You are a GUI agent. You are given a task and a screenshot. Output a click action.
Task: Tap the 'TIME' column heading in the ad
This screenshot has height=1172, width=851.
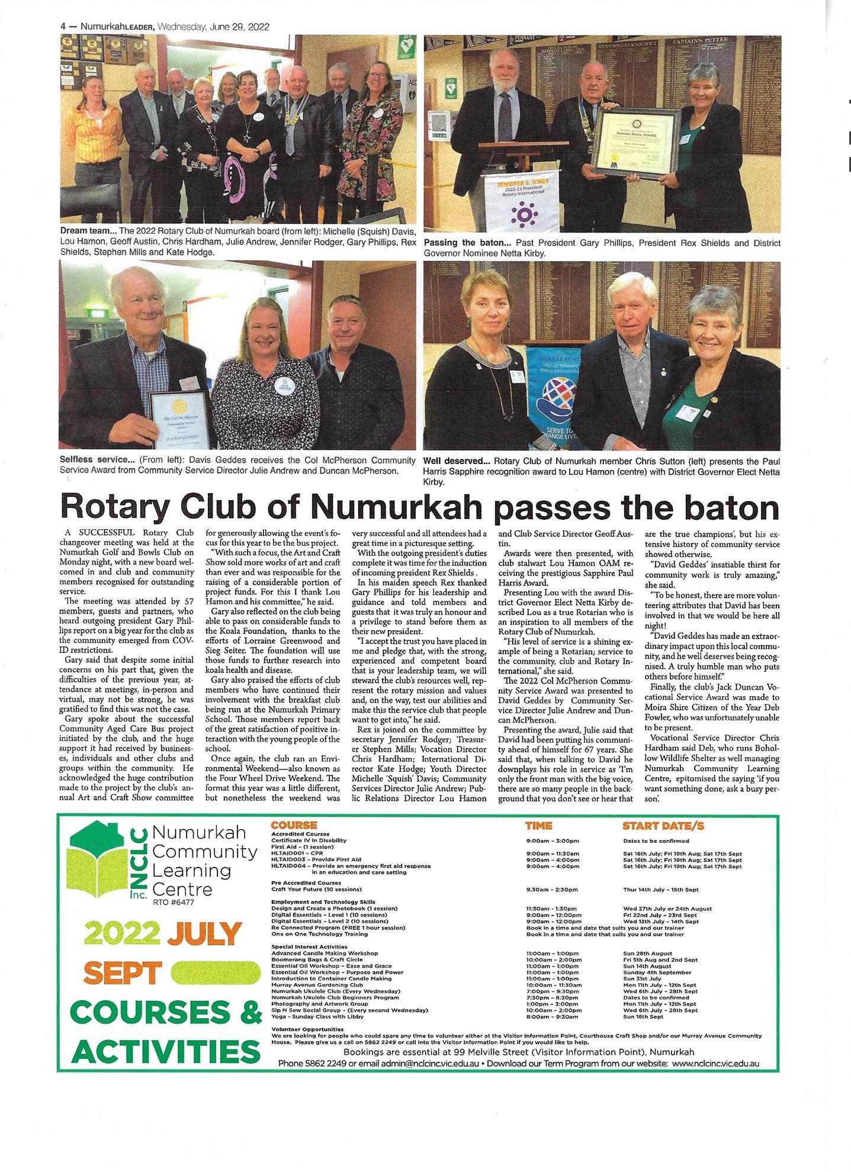click(x=538, y=826)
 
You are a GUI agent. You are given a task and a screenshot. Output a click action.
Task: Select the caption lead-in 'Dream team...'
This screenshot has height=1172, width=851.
click(x=88, y=230)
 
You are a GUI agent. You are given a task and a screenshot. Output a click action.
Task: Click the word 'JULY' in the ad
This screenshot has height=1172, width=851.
click(x=205, y=935)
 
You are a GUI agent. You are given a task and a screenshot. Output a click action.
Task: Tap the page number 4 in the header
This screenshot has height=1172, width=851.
click(x=63, y=27)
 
